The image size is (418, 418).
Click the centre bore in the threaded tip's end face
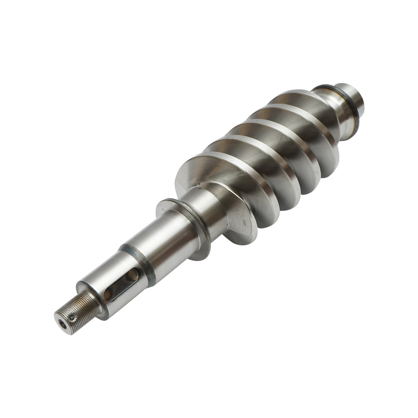[62, 325]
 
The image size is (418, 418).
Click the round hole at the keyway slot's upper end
[132, 277]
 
